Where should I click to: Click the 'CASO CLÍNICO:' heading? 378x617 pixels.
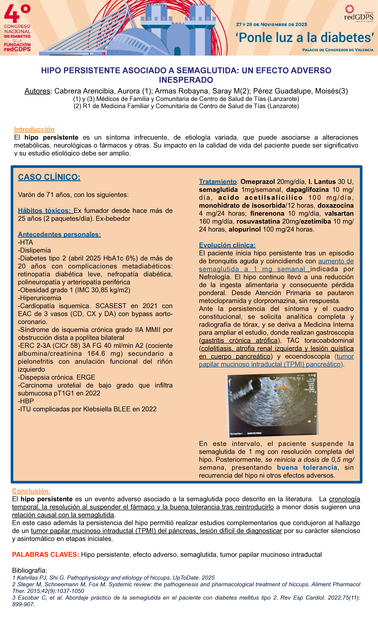(x=49, y=177)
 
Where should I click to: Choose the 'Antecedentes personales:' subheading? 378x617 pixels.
(x=59, y=234)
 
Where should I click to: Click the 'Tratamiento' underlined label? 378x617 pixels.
(x=218, y=182)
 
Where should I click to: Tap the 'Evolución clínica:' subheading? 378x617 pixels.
(x=227, y=245)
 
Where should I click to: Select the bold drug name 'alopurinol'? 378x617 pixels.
(x=244, y=229)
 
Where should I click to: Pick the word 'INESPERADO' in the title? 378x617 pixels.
(x=186, y=80)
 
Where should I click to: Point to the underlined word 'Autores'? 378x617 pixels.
(x=37, y=91)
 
